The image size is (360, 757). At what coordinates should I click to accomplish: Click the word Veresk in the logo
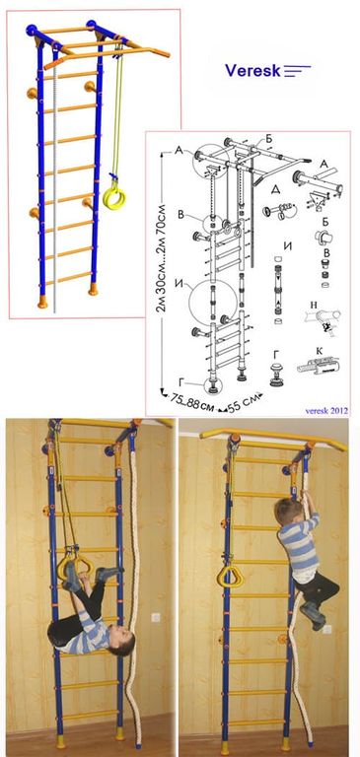coord(252,71)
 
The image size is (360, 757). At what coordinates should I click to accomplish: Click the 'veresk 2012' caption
coord(326,410)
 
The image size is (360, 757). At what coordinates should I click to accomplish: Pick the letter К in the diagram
coord(320,349)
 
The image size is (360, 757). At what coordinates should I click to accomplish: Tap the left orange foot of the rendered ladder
coord(43,303)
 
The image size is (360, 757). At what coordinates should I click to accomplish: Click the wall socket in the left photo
coord(155,618)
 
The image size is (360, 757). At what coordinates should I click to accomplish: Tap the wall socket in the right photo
coord(327,630)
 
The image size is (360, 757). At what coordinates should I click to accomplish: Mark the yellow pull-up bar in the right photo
coord(273,438)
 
